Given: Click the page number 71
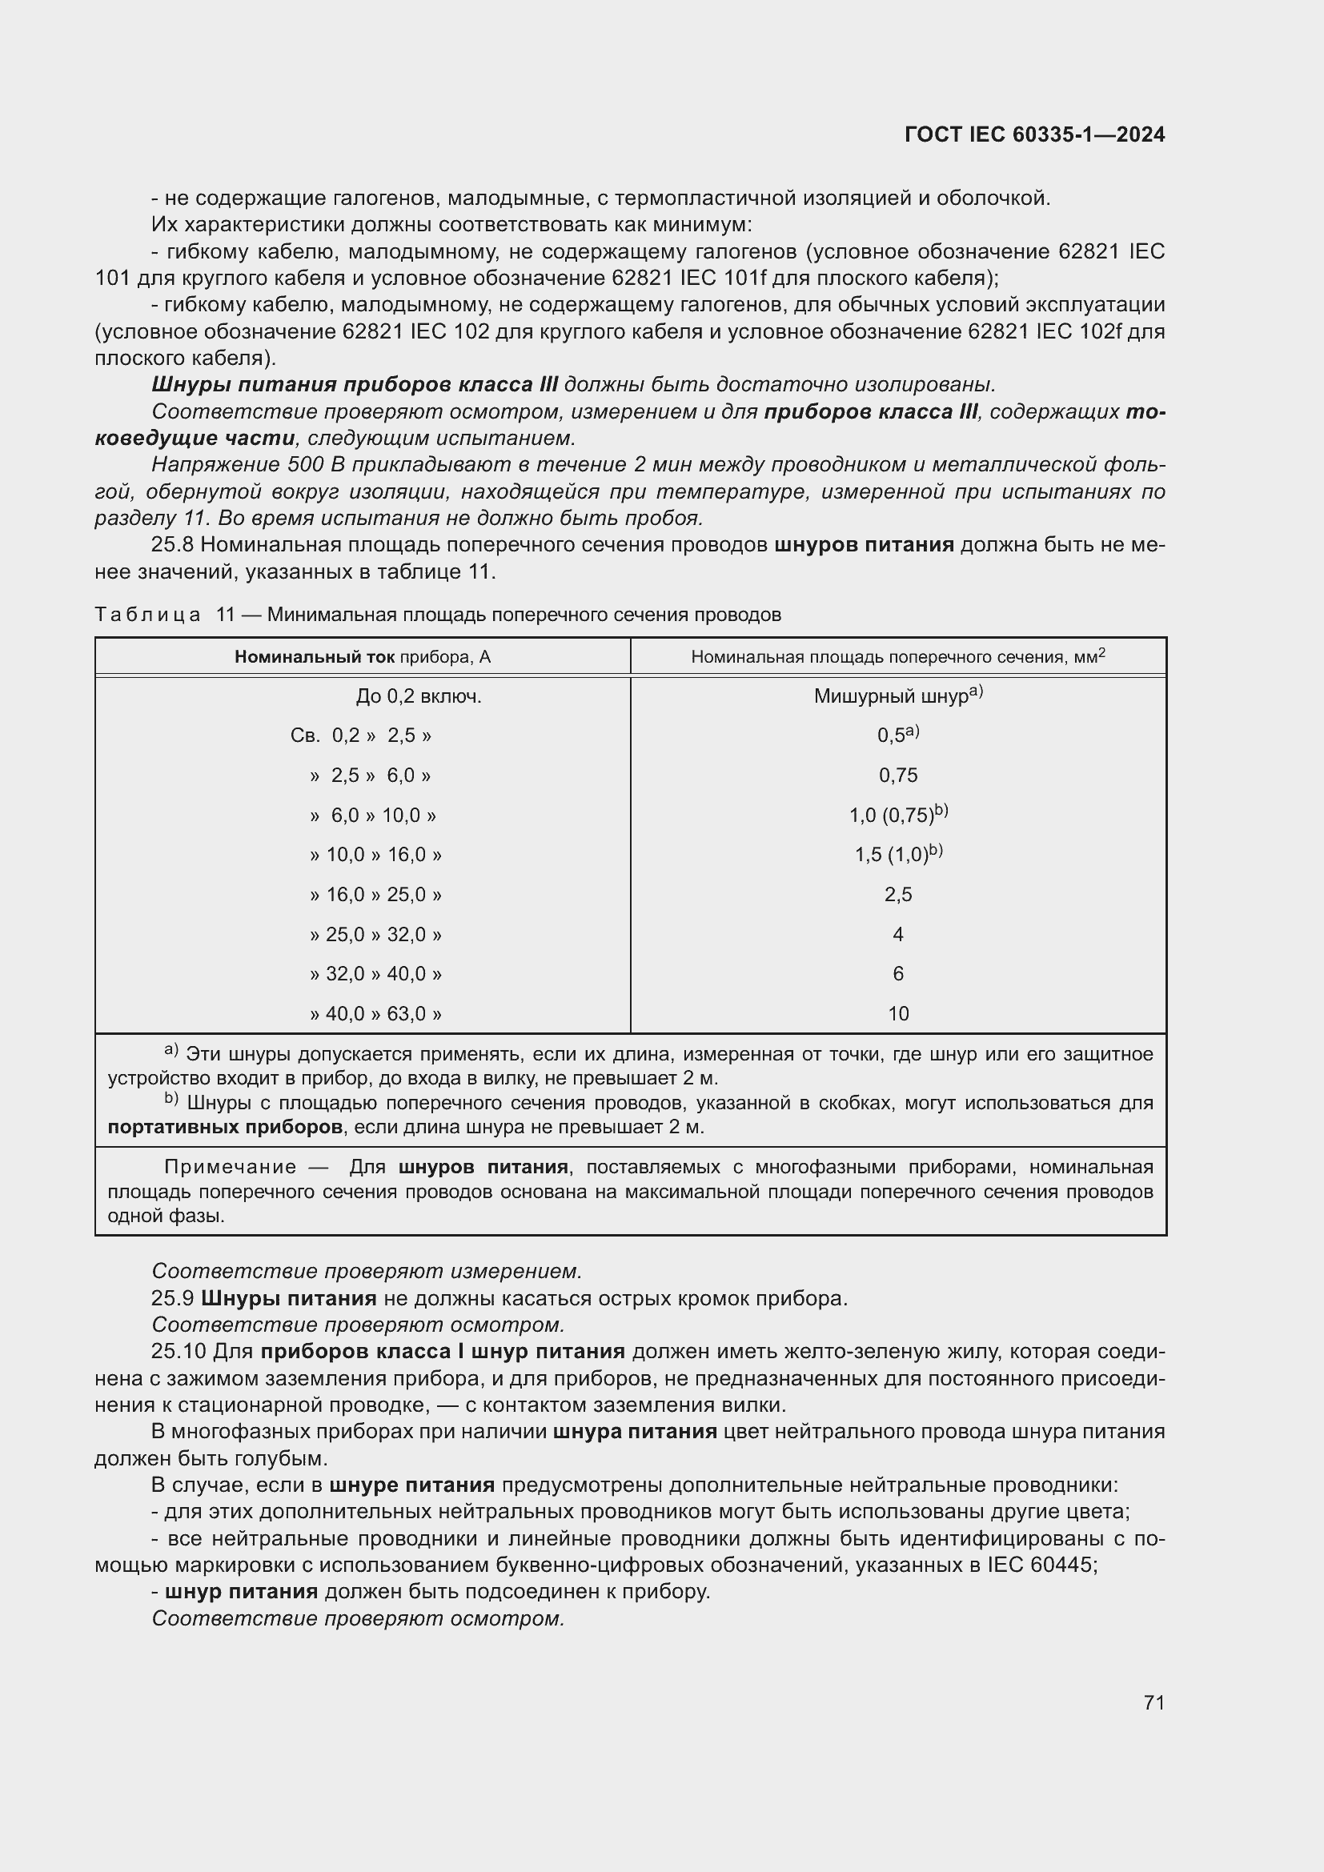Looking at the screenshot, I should click(x=1153, y=1702).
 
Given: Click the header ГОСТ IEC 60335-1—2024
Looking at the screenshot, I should click(x=1033, y=134).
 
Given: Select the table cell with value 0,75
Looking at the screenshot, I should click(x=897, y=776).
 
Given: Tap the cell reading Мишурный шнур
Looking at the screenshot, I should click(x=892, y=696).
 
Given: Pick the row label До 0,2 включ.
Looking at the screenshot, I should click(x=418, y=696).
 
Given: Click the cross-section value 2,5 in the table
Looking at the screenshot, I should click(x=897, y=895).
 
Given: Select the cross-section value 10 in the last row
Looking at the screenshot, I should click(x=897, y=1013).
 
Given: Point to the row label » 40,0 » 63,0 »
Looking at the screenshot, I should click(x=376, y=1013).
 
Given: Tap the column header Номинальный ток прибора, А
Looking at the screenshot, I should click(x=363, y=657).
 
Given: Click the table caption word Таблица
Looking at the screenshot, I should click(x=147, y=615).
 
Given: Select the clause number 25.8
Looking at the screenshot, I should click(x=172, y=545).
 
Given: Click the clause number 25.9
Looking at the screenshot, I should click(x=172, y=1298).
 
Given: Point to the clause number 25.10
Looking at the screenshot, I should click(x=179, y=1352).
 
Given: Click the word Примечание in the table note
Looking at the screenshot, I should click(x=230, y=1167).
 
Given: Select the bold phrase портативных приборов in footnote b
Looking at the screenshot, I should click(x=225, y=1127).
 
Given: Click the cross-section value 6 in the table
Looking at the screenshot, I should click(x=897, y=973).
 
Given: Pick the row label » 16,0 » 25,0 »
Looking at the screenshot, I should click(x=376, y=895).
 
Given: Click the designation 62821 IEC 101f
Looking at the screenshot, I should click(x=689, y=278).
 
